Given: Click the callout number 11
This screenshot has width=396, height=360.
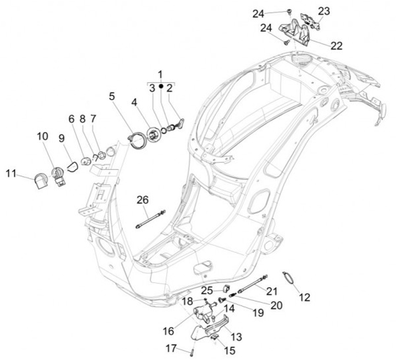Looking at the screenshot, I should [x=12, y=173].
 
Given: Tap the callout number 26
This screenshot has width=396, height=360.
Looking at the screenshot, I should [x=142, y=200].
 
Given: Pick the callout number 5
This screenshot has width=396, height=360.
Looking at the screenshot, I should [x=112, y=96].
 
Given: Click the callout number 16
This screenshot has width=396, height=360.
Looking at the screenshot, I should [x=168, y=331].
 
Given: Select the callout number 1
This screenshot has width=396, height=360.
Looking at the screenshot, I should [x=161, y=74].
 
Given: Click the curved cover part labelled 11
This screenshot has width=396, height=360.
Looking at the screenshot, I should [x=40, y=179].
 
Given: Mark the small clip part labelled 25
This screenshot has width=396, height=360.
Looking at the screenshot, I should [x=225, y=287].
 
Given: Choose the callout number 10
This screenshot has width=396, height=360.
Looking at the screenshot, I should [x=42, y=135].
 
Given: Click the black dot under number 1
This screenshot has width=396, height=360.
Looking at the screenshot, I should [x=161, y=86].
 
